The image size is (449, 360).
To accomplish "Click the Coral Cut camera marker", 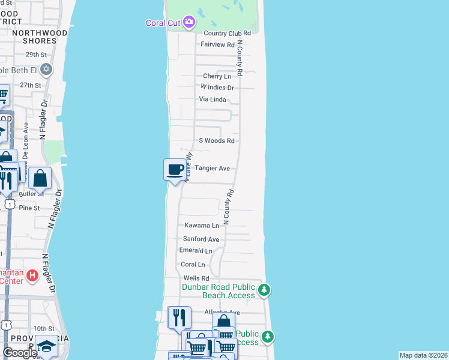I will (x=190, y=23).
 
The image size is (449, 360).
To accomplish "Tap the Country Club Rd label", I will (x=227, y=34).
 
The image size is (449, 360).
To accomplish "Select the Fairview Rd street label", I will (x=217, y=45).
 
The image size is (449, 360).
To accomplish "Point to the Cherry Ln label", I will (x=217, y=76).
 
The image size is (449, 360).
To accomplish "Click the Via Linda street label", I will (x=212, y=100).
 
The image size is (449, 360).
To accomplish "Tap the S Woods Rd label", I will (x=217, y=141).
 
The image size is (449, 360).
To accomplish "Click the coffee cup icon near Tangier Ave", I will (x=175, y=169).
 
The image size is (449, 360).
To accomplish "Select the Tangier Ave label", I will (x=212, y=169).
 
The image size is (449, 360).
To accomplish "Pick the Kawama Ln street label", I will (x=202, y=226).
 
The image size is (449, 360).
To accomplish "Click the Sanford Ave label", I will (x=201, y=239).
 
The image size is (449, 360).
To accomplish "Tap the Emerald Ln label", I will (x=196, y=251).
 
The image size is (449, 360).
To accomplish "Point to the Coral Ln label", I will (x=193, y=265).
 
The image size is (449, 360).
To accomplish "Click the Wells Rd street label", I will (x=196, y=278).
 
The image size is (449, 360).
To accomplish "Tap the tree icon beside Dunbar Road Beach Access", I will (x=264, y=291).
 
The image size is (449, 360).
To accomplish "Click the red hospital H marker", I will (x=32, y=277).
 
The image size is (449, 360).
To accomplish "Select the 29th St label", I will (x=36, y=54).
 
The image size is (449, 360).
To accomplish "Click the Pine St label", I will (x=29, y=208).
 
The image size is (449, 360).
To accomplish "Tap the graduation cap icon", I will (x=46, y=346).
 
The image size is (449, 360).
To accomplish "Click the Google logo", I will (x=20, y=353).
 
